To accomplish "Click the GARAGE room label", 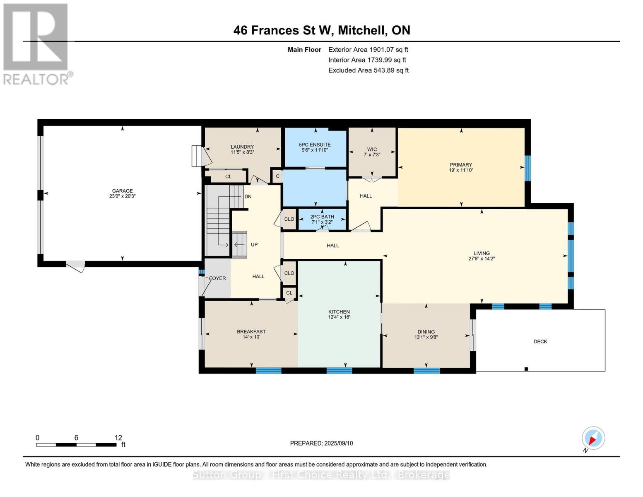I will pyautogui.click(x=122, y=191).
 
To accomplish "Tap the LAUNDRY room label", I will pyautogui.click(x=242, y=147).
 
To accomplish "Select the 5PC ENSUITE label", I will pyautogui.click(x=315, y=145).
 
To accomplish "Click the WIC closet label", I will pyautogui.click(x=372, y=149).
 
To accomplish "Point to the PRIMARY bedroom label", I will pyautogui.click(x=460, y=164).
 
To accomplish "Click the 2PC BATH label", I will pyautogui.click(x=322, y=217).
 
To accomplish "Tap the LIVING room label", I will pyautogui.click(x=482, y=253).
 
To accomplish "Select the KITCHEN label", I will pyautogui.click(x=339, y=312).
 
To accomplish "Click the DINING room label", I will pyautogui.click(x=426, y=332).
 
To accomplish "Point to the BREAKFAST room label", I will pyautogui.click(x=251, y=331).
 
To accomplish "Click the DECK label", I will pyautogui.click(x=540, y=341).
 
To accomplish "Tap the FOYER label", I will pyautogui.click(x=217, y=278).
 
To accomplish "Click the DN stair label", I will pyautogui.click(x=248, y=196).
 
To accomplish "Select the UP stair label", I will pyautogui.click(x=254, y=244).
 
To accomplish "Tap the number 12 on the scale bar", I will pyautogui.click(x=118, y=437).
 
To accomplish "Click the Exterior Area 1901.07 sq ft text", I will pyautogui.click(x=368, y=49).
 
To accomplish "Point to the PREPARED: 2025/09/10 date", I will pyautogui.click(x=321, y=443).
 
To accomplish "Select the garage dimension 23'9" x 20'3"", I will pyautogui.click(x=122, y=196).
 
